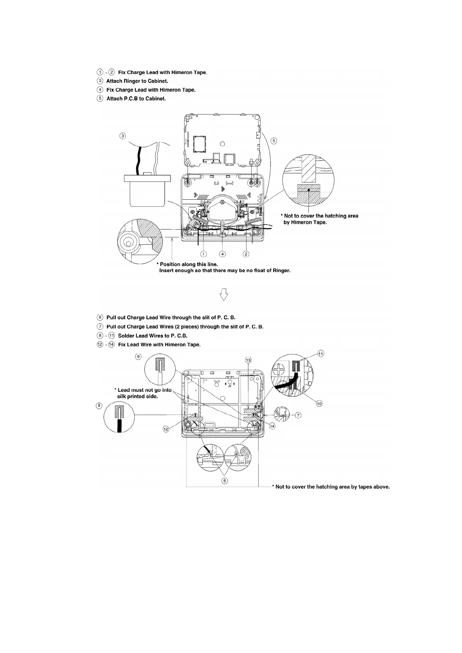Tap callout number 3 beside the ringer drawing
pyautogui.click(x=123, y=136)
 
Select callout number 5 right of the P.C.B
pyautogui.click(x=274, y=141)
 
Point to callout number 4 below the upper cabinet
pyautogui.click(x=222, y=254)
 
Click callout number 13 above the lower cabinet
pyautogui.click(x=248, y=360)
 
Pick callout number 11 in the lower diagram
pyautogui.click(x=321, y=354)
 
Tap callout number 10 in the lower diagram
pyautogui.click(x=319, y=404)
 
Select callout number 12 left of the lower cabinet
pyautogui.click(x=166, y=429)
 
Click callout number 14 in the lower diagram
pyautogui.click(x=272, y=426)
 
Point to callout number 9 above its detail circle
pyautogui.click(x=138, y=356)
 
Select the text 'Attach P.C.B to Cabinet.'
pyautogui.click(x=136, y=99)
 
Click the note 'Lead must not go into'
pyautogui.click(x=144, y=390)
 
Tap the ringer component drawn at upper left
pyautogui.click(x=147, y=190)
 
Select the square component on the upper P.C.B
pyautogui.click(x=200, y=142)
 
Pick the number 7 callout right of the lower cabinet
pyautogui.click(x=298, y=415)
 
